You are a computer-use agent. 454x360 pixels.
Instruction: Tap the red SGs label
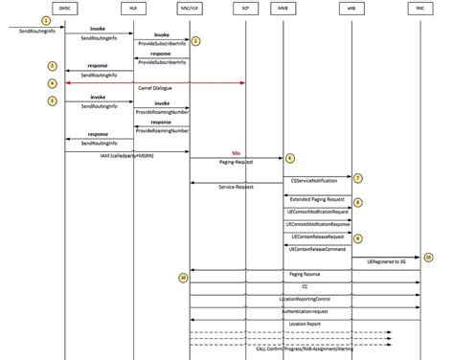tap(237, 152)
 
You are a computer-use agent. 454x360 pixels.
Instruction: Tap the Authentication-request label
tap(305, 311)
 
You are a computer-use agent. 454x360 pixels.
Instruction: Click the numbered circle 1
tap(45, 20)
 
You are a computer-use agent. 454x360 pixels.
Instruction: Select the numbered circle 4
tap(54, 83)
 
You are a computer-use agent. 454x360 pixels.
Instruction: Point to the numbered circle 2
tap(195, 40)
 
